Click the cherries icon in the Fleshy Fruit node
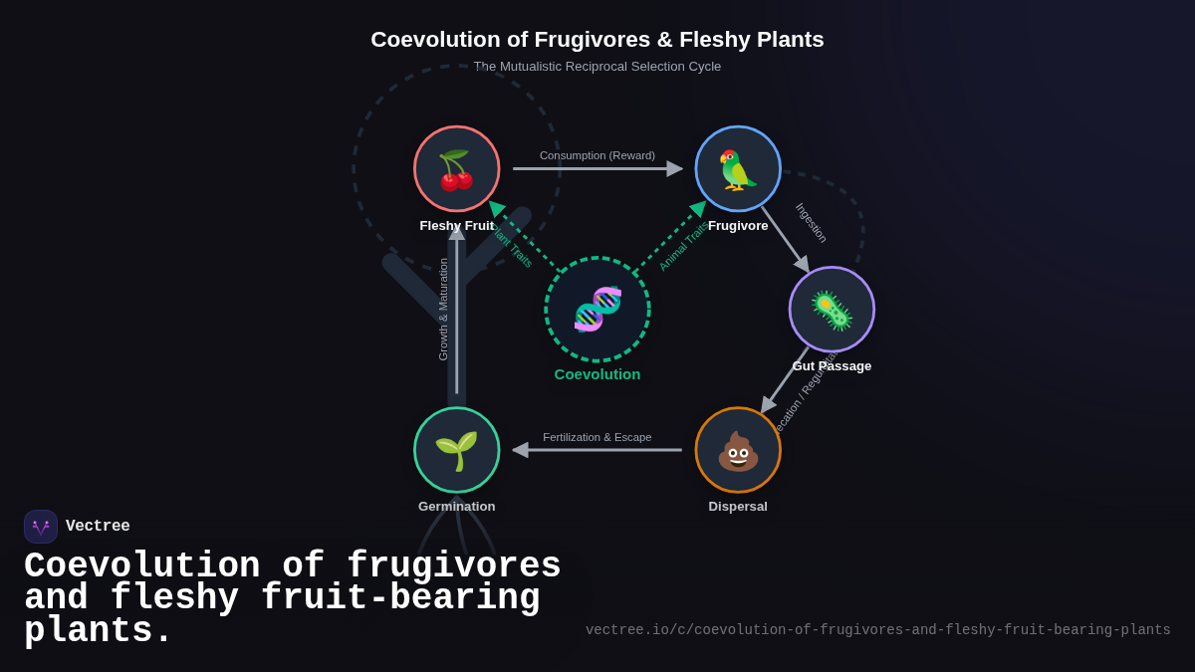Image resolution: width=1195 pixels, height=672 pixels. [456, 170]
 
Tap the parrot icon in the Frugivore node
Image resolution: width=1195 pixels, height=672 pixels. [738, 170]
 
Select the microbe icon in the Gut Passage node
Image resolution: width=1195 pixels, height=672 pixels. [832, 310]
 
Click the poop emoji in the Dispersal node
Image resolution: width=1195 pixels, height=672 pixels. [738, 451]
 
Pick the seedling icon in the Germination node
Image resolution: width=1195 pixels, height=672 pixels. [456, 451]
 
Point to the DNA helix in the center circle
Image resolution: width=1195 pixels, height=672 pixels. [597, 309]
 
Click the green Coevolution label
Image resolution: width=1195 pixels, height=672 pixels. [597, 374]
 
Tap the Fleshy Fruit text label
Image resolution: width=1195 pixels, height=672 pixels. [456, 226]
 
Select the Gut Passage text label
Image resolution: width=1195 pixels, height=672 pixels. [832, 366]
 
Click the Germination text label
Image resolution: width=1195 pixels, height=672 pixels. [456, 507]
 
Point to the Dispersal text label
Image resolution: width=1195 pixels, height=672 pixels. [738, 507]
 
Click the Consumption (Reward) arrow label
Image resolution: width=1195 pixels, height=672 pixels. [597, 155]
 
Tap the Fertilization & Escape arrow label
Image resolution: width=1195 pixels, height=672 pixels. [597, 437]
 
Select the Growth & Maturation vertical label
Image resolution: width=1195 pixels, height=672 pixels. [443, 309]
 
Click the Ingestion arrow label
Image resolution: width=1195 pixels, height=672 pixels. [811, 223]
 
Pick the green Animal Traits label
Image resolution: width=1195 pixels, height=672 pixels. [683, 246]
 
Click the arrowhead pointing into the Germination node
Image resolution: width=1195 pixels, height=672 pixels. [520, 450]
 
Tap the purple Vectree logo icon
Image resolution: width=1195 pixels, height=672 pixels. [41, 527]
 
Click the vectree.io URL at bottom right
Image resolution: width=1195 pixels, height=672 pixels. [877, 630]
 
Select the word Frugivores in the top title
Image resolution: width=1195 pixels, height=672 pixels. [592, 40]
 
